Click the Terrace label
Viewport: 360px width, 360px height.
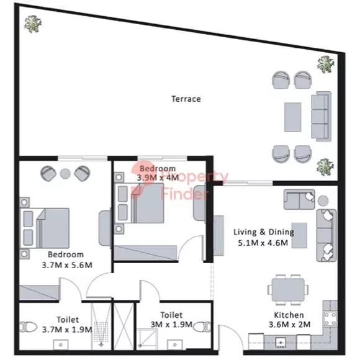(186, 99)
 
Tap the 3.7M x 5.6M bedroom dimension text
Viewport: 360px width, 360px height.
(67, 265)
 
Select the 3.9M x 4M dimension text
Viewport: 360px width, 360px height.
(158, 178)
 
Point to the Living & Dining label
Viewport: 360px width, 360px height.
(264, 232)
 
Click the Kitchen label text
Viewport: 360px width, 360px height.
(289, 315)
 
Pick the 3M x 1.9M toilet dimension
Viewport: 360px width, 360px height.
(171, 325)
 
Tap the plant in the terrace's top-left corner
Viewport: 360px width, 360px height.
(33, 24)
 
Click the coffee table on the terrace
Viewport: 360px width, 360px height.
(292, 117)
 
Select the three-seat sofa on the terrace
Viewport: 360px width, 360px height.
(321, 117)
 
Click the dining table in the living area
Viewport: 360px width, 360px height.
(288, 289)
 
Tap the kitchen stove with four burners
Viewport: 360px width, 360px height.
(330, 318)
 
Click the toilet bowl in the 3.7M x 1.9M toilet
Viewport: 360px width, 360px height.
(28, 327)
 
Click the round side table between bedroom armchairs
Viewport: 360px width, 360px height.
(65, 174)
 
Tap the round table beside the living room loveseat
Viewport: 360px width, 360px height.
(323, 200)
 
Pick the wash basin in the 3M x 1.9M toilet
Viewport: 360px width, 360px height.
(175, 345)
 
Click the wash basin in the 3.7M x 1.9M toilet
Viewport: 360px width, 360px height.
(61, 345)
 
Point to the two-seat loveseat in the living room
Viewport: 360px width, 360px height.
(299, 199)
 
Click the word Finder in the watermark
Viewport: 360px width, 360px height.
(185, 194)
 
